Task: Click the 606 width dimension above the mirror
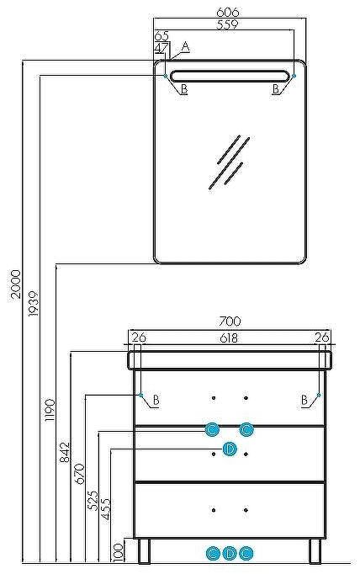[228, 12]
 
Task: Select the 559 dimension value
[227, 24]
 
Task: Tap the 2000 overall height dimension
[15, 284]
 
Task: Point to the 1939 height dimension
[33, 304]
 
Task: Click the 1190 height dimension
[50, 410]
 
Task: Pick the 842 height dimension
[65, 452]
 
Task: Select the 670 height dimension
[80, 474]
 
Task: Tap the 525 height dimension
[93, 501]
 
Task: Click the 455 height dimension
[105, 509]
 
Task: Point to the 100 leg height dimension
[118, 552]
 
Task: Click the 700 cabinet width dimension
[230, 322]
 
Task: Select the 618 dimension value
[229, 337]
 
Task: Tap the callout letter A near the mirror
[186, 47]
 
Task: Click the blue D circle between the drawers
[230, 449]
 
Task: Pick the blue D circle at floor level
[230, 554]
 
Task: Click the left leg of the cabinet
[145, 551]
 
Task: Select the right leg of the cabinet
[315, 551]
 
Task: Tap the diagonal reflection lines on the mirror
[230, 162]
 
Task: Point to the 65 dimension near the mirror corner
[161, 36]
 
